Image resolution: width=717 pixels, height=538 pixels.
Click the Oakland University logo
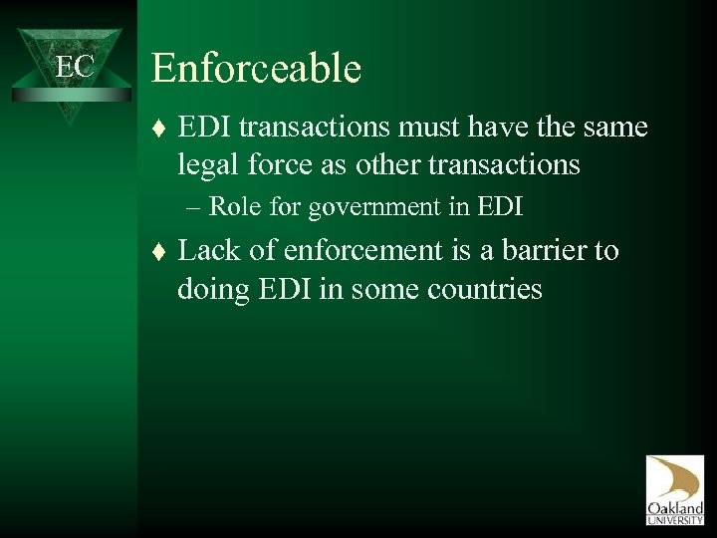coord(674,487)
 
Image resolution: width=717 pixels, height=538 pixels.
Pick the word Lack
coord(212,250)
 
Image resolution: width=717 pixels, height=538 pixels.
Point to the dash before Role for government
coord(192,208)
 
